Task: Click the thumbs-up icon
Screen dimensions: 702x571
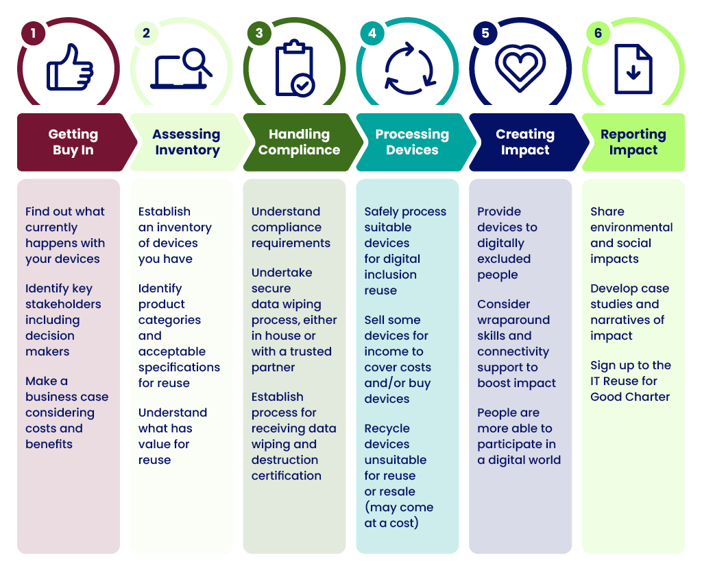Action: pyautogui.click(x=70, y=68)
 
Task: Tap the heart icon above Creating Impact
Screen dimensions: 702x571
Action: pyautogui.click(x=520, y=68)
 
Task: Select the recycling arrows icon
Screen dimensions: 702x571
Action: pyautogui.click(x=410, y=69)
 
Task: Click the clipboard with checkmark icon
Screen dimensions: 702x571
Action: pyautogui.click(x=295, y=68)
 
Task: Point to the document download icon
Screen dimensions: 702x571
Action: pyautogui.click(x=633, y=69)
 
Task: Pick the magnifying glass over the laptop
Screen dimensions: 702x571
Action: pyautogui.click(x=197, y=62)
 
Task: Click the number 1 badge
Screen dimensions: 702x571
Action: pyautogui.click(x=33, y=33)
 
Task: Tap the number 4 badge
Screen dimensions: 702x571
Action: pyautogui.click(x=372, y=33)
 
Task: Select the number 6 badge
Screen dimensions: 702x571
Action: pyautogui.click(x=598, y=33)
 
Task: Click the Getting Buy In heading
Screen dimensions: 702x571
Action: pyautogui.click(x=73, y=141)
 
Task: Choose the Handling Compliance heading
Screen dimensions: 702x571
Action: pyautogui.click(x=299, y=141)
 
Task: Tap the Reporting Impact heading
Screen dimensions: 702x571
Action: pyautogui.click(x=633, y=141)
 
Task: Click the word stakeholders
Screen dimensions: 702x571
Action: pyautogui.click(x=63, y=304)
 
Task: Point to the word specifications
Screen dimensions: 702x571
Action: pyautogui.click(x=179, y=368)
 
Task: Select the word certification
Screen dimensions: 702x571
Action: pyautogui.click(x=286, y=476)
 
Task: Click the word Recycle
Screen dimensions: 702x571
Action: pyautogui.click(x=387, y=428)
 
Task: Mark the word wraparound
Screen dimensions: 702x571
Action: pyautogui.click(x=513, y=320)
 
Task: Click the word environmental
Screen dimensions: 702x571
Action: pyautogui.click(x=631, y=227)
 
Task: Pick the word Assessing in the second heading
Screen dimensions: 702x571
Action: pyautogui.click(x=186, y=135)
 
